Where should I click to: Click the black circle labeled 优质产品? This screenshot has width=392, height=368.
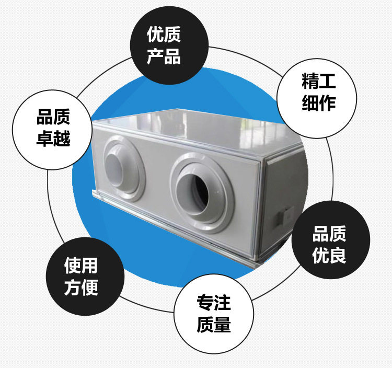164,45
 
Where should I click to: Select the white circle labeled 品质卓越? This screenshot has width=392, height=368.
53,128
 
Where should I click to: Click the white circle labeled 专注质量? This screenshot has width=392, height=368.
214,313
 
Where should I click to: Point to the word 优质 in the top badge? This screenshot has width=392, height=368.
164,35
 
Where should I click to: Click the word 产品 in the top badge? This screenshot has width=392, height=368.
164,56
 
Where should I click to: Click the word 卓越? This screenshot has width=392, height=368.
53,139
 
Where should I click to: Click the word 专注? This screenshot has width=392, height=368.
214,303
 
